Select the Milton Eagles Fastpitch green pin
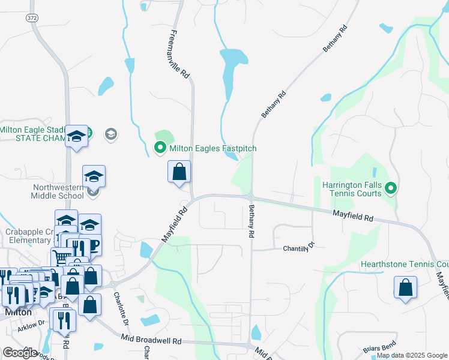point(160,148)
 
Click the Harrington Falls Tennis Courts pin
point(391,189)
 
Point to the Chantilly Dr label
point(298,247)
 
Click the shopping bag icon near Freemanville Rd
point(179,172)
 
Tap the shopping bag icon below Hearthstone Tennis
point(405,287)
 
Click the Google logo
point(20,353)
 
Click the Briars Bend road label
point(376,349)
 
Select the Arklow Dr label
point(31,323)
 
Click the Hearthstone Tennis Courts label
point(404,265)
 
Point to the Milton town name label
point(18,313)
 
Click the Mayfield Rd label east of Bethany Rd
point(353,215)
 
